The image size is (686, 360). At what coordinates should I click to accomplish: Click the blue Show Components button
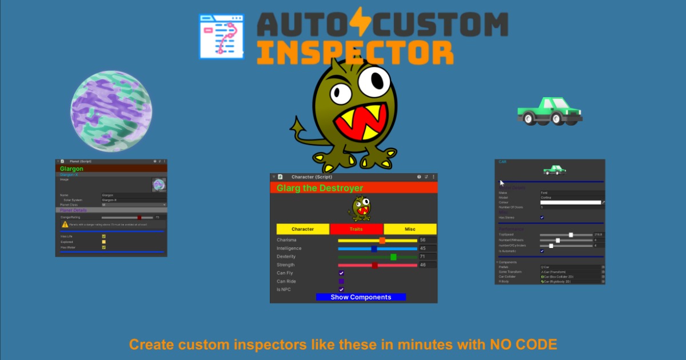pyautogui.click(x=361, y=297)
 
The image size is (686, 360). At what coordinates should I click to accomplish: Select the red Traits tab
pyautogui.click(x=356, y=229)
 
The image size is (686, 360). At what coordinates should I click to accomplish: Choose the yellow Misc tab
pyautogui.click(x=410, y=229)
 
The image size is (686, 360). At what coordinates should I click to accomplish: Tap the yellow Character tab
pyautogui.click(x=302, y=229)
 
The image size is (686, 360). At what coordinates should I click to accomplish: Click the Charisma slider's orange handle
pyautogui.click(x=382, y=241)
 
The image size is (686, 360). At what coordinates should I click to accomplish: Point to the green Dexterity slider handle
pyautogui.click(x=393, y=257)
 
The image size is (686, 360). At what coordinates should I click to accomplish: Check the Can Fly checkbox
pyautogui.click(x=341, y=273)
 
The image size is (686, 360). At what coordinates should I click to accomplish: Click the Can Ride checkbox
pyautogui.click(x=341, y=281)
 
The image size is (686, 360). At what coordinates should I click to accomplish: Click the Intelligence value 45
pyautogui.click(x=423, y=249)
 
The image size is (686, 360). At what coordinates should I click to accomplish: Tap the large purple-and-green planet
pyautogui.click(x=111, y=111)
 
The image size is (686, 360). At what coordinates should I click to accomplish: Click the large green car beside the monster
pyautogui.click(x=549, y=111)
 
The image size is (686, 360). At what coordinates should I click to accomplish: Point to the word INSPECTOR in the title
pyautogui.click(x=355, y=53)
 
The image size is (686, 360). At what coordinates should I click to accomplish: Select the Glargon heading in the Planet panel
pyautogui.click(x=71, y=169)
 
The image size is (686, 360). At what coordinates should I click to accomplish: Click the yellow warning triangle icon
pyautogui.click(x=65, y=225)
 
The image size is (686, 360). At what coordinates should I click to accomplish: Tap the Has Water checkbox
pyautogui.click(x=103, y=247)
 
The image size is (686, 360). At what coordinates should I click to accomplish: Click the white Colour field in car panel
pyautogui.click(x=571, y=202)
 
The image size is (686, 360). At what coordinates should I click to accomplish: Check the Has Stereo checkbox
pyautogui.click(x=542, y=218)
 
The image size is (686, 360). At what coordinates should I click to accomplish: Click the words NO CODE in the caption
pyautogui.click(x=523, y=345)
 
